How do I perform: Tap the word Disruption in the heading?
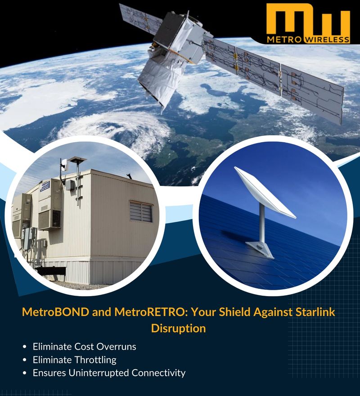(x=179, y=328)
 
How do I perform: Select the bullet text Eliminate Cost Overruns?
(x=84, y=347)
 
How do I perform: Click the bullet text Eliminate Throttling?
(x=74, y=360)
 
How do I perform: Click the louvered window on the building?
(x=141, y=211)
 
